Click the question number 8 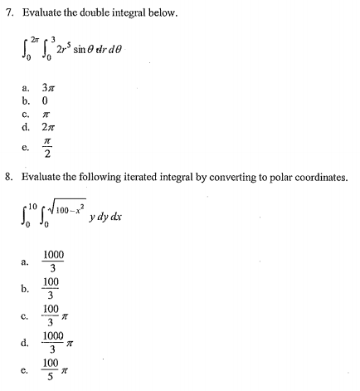tap(9, 178)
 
